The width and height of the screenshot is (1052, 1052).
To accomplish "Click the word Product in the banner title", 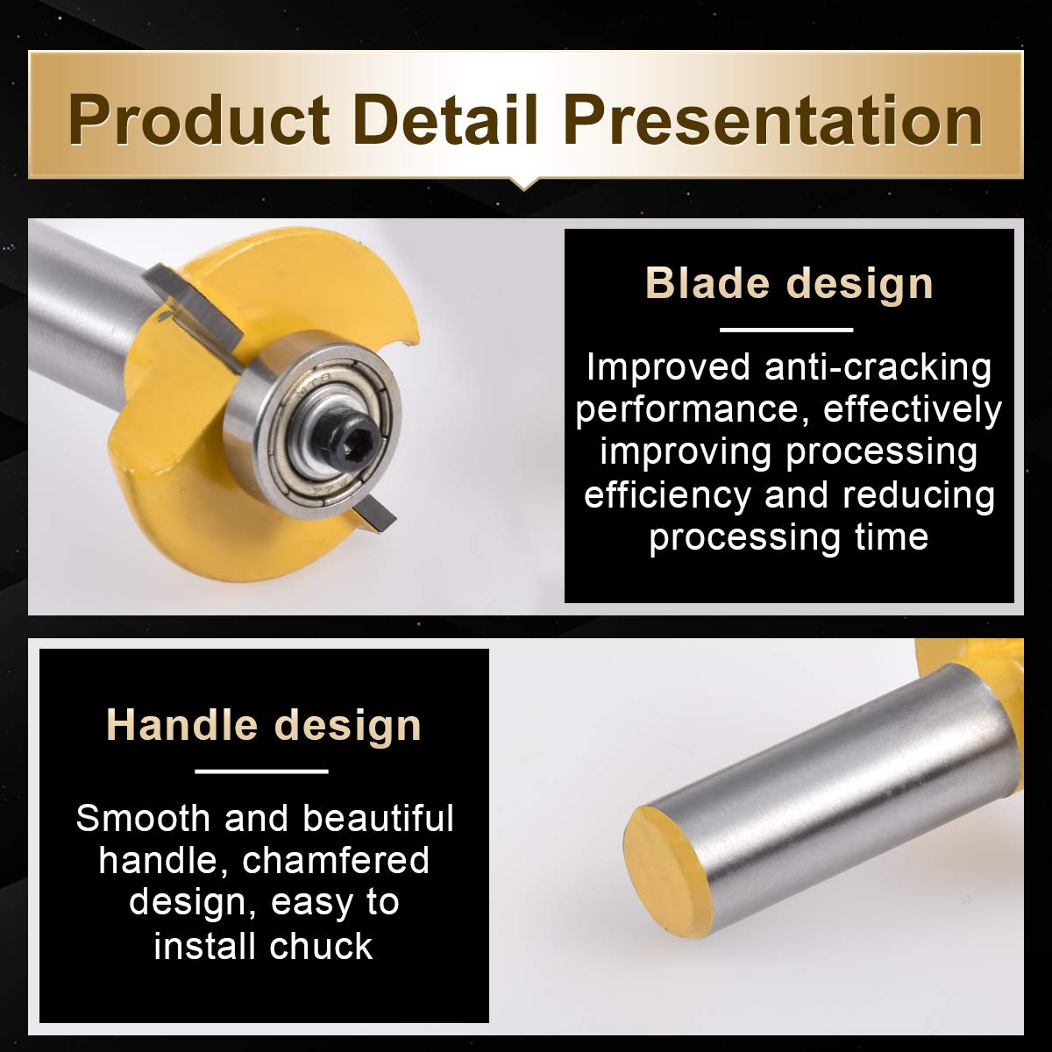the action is [199, 120].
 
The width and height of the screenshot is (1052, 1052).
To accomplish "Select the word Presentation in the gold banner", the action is [773, 120].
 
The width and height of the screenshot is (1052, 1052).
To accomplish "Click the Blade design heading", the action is [788, 284].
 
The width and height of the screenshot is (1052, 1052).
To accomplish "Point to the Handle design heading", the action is [264, 725].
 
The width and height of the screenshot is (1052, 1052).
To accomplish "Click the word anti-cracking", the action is [878, 366].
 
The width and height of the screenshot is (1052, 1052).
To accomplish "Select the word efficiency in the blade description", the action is [666, 494].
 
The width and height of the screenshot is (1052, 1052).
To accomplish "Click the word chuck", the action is [321, 946].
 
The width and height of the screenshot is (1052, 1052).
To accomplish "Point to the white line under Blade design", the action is [786, 330].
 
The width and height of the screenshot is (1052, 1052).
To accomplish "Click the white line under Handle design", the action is [261, 771].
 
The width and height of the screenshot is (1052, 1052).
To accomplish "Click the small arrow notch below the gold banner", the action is [524, 184].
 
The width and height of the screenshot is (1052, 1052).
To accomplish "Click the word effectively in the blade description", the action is [913, 409].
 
